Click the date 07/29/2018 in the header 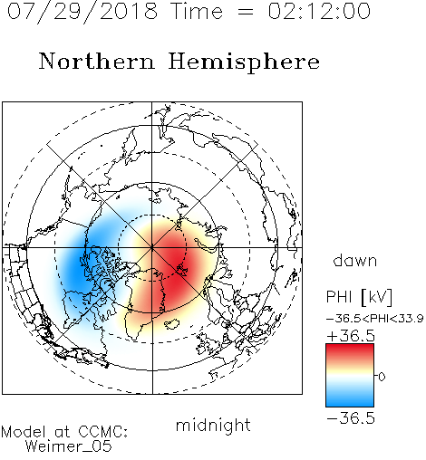point(82,12)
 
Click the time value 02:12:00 point(319,11)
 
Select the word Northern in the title point(97,61)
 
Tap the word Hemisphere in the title point(244,62)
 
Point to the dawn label point(355,260)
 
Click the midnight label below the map point(213,425)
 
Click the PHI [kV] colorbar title point(359,297)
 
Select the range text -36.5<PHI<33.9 point(375,318)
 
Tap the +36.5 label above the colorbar point(351,336)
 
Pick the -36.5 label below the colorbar point(351,418)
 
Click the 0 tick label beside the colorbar point(382,377)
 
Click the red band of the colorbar point(350,351)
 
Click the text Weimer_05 point(69,446)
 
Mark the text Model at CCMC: point(64,432)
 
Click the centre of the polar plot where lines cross point(152,247)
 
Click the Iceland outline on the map point(172,324)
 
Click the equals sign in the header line point(246,12)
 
